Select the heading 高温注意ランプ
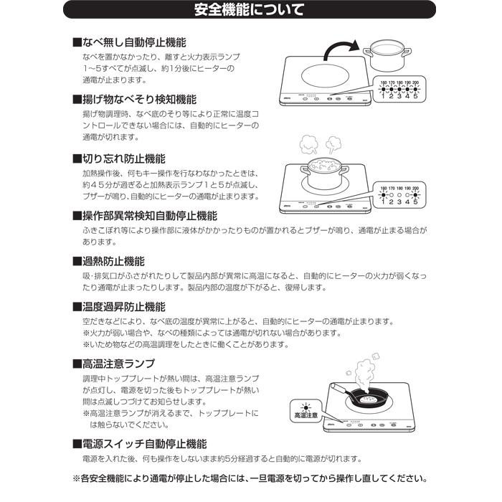118,364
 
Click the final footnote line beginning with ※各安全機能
250,478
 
